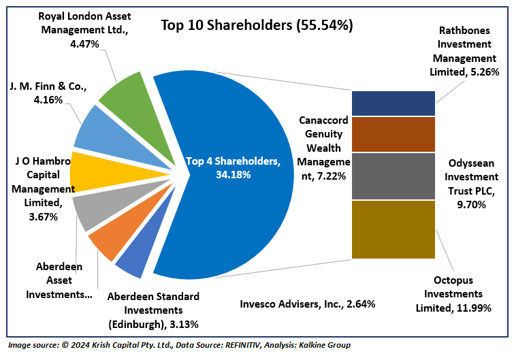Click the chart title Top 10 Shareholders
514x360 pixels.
256,25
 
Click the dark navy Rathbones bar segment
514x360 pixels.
393,103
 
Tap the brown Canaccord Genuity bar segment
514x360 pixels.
393,133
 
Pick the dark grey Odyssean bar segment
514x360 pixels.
393,176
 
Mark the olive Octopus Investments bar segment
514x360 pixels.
393,229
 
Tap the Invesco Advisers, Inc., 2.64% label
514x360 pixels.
308,304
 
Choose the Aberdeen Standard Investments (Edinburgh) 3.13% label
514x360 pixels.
153,310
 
